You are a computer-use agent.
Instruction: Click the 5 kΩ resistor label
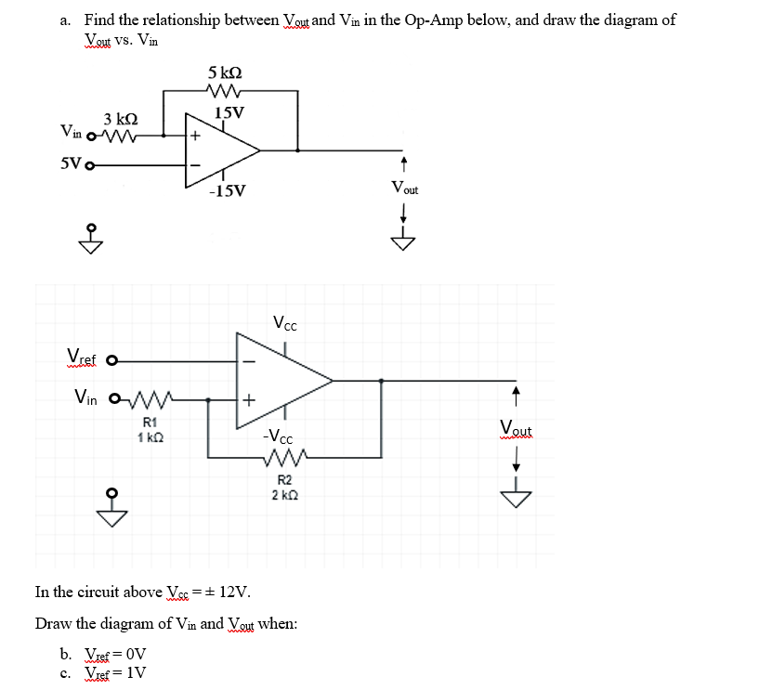(226, 72)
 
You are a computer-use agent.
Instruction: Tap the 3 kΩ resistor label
(121, 120)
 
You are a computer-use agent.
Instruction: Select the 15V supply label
(229, 113)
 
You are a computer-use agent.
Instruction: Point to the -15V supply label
(228, 191)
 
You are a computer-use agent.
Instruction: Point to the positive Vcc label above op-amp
(285, 324)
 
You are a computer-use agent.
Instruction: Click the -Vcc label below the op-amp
(278, 436)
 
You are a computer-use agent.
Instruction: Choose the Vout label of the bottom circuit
(516, 428)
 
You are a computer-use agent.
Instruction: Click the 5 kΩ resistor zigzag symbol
(227, 91)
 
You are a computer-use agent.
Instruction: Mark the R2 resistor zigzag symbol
(283, 458)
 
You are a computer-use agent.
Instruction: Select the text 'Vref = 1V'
(115, 673)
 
